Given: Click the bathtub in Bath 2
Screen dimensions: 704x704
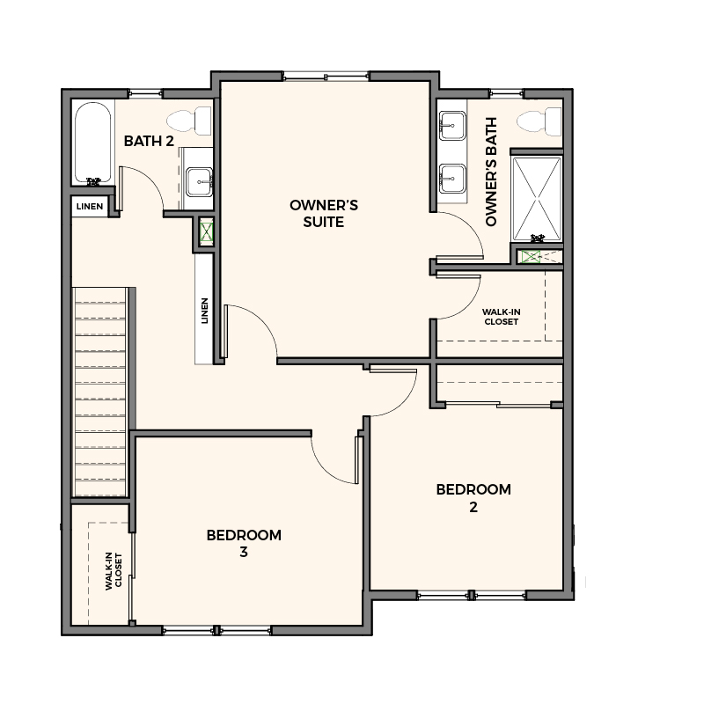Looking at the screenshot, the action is coord(92,143).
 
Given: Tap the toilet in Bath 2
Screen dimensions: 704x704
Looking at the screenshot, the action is coord(189,121).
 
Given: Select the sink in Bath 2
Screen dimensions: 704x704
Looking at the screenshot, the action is coord(200,182).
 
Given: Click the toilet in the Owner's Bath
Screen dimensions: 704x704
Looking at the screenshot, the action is coord(539,121).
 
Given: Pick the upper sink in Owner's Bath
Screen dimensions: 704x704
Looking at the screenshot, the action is coord(452,126).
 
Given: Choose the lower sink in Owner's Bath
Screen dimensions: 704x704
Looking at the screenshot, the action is coord(452,179).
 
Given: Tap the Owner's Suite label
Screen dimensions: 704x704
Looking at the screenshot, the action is coord(324,213).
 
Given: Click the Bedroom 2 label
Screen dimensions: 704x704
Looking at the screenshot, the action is coord(473,498).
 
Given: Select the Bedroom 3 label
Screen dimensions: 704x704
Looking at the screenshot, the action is coord(244,543).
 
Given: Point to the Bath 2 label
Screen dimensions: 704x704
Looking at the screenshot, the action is coord(149,141).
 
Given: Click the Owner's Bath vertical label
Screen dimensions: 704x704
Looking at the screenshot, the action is coord(491,172).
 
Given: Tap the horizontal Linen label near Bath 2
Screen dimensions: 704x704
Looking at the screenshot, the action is coord(90,207).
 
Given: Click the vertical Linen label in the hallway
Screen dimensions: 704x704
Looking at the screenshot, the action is coord(205,311).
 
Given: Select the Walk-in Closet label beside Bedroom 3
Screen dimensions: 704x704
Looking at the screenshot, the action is coord(114,570).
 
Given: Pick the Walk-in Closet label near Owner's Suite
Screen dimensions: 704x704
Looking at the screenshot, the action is coord(502,317).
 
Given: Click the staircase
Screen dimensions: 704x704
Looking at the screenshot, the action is coord(100,392).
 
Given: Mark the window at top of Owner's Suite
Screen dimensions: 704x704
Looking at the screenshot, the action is coord(326,76).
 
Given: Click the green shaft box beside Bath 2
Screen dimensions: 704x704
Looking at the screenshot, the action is coord(207,231).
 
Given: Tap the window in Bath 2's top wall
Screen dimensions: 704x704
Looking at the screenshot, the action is coord(145,94).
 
